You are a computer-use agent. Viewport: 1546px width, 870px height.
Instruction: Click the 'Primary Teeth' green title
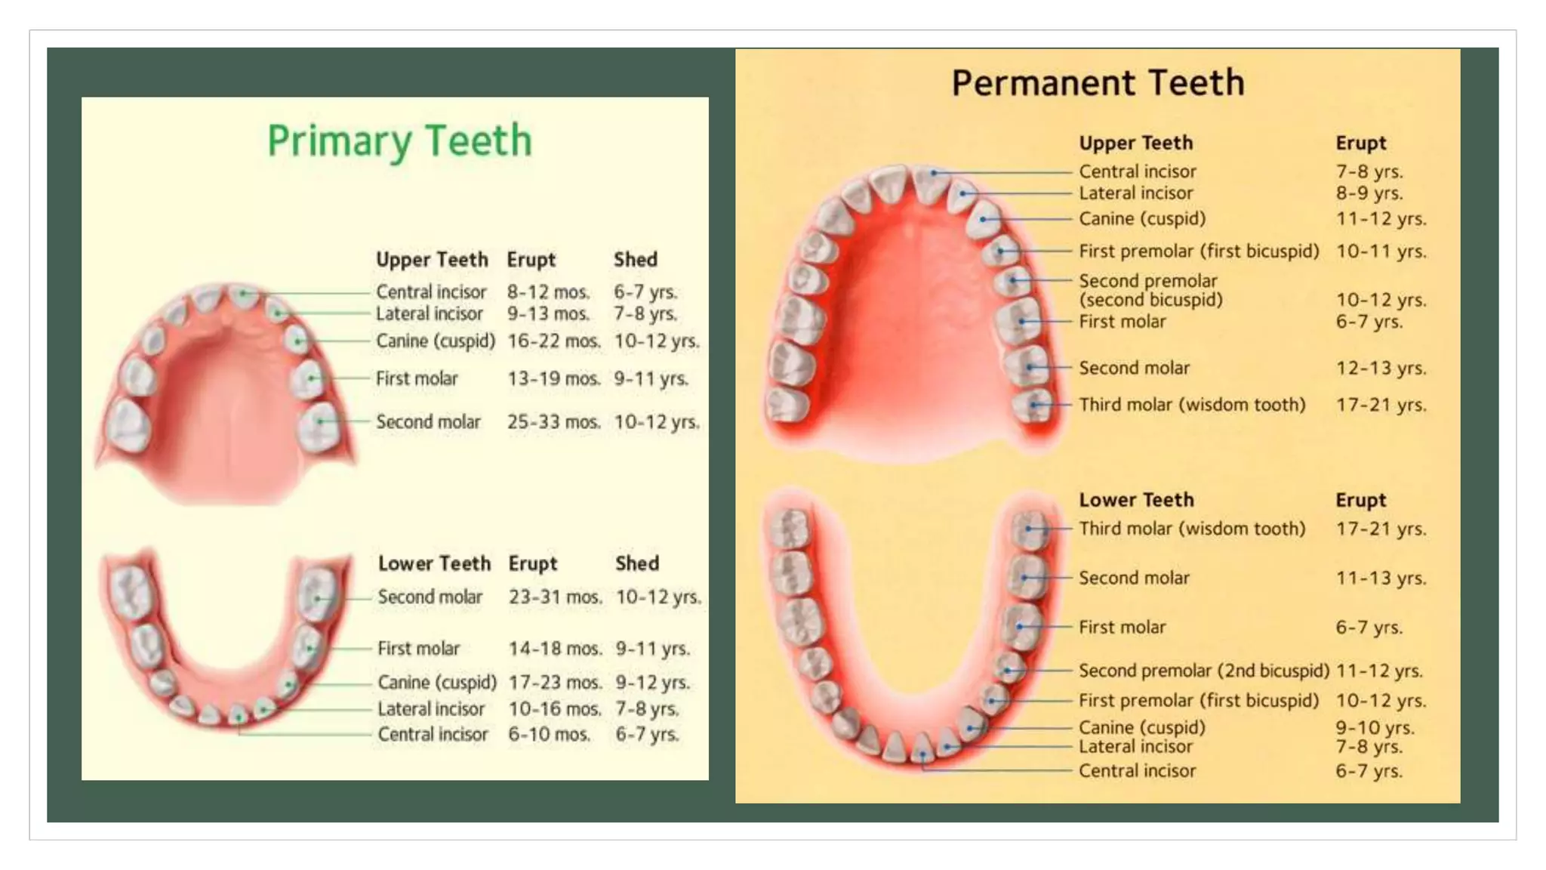399,141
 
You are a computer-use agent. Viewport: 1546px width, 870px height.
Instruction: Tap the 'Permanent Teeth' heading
1098,83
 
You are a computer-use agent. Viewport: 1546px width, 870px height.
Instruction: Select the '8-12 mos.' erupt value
548,292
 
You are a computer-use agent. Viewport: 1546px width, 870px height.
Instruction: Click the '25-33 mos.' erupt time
553,422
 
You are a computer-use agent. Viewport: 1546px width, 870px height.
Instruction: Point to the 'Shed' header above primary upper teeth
635,260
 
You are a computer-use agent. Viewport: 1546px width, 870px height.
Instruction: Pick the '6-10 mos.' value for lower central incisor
549,734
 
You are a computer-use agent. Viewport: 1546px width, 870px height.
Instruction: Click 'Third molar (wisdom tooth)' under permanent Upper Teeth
1191,405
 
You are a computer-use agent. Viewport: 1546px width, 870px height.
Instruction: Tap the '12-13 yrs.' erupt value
1381,369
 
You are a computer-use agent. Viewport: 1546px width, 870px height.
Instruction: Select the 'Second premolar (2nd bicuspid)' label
1203,671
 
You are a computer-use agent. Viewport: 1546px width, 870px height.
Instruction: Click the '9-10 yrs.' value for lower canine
1375,728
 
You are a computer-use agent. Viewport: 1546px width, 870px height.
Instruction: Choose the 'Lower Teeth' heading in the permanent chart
1136,500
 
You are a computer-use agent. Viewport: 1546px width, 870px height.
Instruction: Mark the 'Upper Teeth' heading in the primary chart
432,260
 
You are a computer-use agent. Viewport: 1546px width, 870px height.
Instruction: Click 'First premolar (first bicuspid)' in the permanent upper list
1199,251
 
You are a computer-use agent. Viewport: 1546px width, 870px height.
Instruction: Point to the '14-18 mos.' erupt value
555,649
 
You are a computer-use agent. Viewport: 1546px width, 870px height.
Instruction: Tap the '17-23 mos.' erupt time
555,683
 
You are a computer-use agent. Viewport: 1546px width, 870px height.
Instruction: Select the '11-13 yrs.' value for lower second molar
1381,578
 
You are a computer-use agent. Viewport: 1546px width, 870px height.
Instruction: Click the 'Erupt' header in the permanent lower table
1360,500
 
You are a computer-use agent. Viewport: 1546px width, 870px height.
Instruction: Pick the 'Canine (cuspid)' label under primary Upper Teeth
436,341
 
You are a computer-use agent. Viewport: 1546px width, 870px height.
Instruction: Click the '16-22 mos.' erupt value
553,341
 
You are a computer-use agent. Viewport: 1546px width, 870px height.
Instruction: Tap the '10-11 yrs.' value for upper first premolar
1381,251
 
